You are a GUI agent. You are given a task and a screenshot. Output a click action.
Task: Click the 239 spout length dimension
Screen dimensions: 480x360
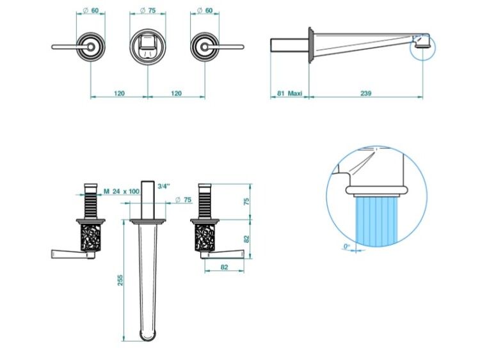tap(365, 93)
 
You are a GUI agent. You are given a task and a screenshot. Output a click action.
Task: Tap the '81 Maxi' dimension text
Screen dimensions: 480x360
tap(289, 93)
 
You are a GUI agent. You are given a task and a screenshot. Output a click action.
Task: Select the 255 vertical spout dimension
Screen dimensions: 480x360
tap(120, 280)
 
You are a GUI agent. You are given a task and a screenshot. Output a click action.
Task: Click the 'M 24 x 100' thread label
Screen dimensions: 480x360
tap(122, 191)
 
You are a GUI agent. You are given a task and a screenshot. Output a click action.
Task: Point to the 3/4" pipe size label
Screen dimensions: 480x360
tap(164, 185)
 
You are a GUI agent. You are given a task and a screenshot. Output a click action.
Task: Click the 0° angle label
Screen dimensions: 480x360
tap(346, 246)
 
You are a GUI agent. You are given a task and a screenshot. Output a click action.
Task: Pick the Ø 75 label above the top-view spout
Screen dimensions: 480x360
tap(148, 10)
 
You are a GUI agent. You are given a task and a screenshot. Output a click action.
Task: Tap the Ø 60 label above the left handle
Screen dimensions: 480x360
tap(91, 10)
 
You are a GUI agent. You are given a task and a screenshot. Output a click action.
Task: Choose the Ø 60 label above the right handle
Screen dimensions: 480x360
tap(205, 10)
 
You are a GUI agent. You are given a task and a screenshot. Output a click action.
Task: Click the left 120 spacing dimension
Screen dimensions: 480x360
tap(120, 93)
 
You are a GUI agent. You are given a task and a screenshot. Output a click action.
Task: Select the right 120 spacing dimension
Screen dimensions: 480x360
tap(176, 93)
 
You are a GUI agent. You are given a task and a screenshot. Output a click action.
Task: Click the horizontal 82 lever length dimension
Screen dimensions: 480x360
tap(224, 267)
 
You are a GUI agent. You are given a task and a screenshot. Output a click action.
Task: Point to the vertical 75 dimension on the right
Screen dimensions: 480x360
tap(247, 201)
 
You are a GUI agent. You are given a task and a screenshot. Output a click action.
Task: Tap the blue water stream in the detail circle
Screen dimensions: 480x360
tap(376, 222)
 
